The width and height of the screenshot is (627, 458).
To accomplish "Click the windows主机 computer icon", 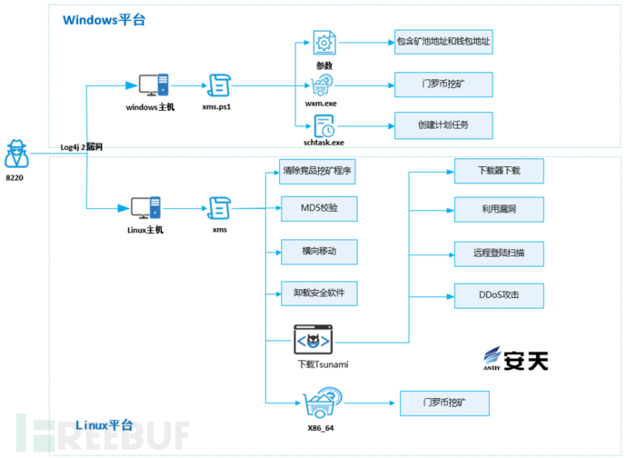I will [x=151, y=85].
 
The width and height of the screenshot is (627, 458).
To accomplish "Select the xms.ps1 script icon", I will [x=218, y=85].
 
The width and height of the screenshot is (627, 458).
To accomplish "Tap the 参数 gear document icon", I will [x=324, y=42].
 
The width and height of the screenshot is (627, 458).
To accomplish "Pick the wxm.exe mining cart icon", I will [x=324, y=86].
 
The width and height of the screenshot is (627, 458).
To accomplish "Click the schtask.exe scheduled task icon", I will [x=324, y=126].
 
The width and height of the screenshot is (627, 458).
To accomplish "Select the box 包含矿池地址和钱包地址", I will [x=443, y=42].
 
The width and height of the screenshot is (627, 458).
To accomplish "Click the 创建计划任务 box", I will [x=443, y=124].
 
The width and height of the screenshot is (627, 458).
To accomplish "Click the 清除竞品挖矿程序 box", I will [x=317, y=172].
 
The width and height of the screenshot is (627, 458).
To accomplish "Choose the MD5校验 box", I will [x=317, y=209].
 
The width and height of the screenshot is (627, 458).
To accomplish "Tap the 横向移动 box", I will [x=317, y=252].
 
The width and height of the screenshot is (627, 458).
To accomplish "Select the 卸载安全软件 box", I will [x=317, y=294].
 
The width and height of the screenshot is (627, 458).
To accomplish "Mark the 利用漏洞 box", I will [x=498, y=211].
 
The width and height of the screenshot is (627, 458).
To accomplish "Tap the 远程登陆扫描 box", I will [x=498, y=254].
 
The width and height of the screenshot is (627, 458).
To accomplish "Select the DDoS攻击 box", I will [x=498, y=296].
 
